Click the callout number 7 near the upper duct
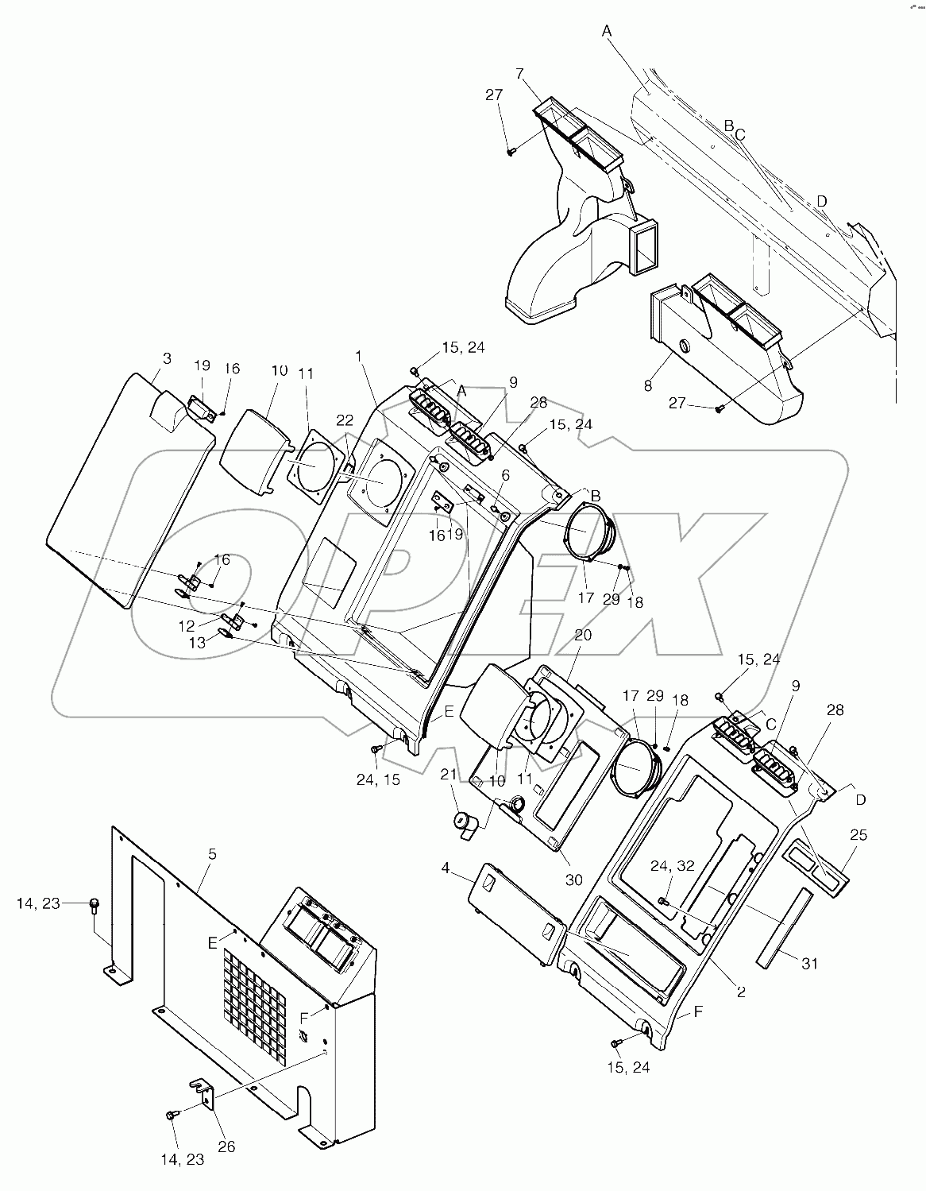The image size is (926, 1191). tap(519, 74)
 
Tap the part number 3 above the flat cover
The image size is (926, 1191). tap(166, 358)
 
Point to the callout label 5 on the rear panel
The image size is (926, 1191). tap(211, 854)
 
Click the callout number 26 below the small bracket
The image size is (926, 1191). tap(226, 1147)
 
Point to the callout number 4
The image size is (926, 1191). tap(446, 869)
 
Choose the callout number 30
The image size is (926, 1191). tap(573, 880)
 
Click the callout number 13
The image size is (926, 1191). tap(195, 642)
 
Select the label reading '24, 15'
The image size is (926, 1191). tap(378, 780)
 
